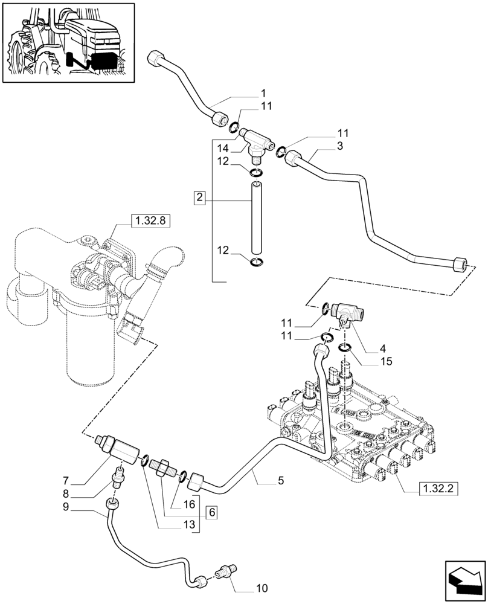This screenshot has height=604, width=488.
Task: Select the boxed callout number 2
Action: (x=201, y=197)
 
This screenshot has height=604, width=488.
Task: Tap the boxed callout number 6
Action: (x=211, y=512)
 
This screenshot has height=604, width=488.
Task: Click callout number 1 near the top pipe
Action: (x=263, y=94)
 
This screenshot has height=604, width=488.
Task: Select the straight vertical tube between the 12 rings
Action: (x=256, y=218)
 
